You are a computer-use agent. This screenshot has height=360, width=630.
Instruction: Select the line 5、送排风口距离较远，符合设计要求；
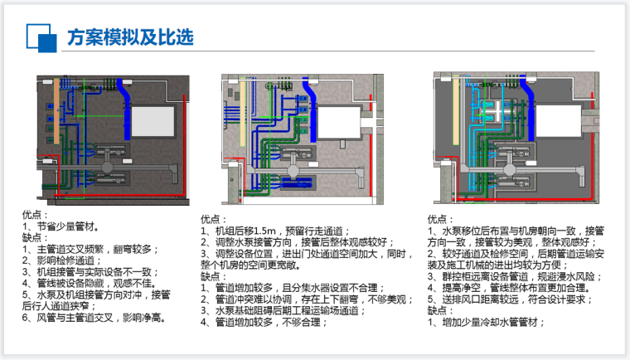(510, 299)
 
